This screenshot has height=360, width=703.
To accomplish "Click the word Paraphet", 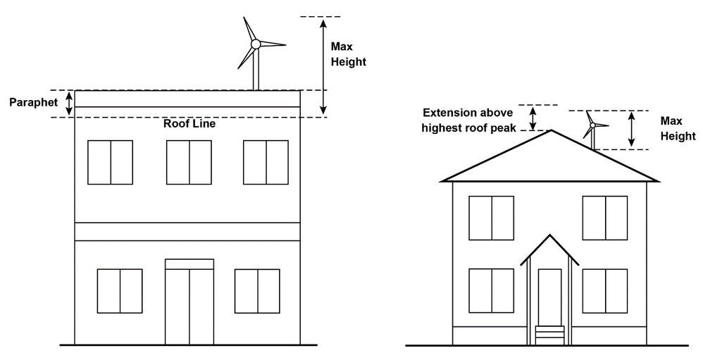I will point(33,103).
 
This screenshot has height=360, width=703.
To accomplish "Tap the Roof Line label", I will point(189,124).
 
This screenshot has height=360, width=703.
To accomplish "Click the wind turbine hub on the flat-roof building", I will point(256,44).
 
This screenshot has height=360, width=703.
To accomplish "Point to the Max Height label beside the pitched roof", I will point(678,130).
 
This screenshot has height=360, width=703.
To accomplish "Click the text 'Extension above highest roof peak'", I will point(469,119).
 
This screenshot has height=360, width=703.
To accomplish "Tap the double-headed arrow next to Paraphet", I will point(69,104).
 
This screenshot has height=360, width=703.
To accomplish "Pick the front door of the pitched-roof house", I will point(549,297).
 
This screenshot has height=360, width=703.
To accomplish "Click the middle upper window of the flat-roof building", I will point(189,163).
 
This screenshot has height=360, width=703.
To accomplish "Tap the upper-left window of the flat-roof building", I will point(111,163).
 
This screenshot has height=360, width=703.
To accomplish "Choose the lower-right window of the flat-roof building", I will point(257,291).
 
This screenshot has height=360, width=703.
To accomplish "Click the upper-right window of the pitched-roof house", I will point(605,218).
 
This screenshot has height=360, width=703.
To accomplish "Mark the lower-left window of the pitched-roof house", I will point(492,291).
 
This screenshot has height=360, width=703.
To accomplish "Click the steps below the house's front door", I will point(549,335).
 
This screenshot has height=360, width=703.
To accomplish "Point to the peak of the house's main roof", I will point(551,130).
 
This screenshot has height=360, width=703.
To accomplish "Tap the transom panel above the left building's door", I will point(189,264).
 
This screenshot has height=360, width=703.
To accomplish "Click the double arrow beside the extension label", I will point(533,118).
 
